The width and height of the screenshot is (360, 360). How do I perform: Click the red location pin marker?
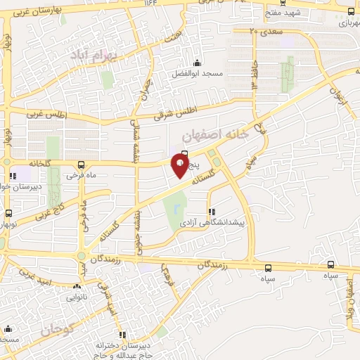pos(180,167)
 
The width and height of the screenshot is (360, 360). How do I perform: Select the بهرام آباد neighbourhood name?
pos(94,54)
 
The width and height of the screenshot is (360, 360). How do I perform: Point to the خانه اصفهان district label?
pos(216,134)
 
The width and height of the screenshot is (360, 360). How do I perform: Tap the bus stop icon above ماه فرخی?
pos(79,165)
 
